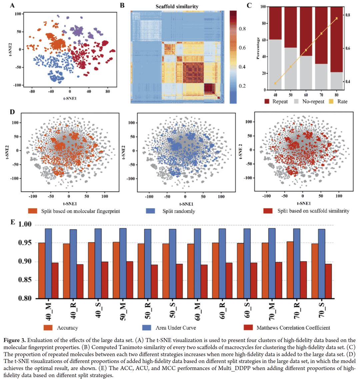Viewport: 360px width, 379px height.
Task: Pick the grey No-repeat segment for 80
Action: pos(337,81)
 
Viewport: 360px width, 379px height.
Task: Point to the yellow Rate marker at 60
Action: pos(306,50)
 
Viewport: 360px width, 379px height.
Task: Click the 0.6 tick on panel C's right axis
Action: pos(350,48)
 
